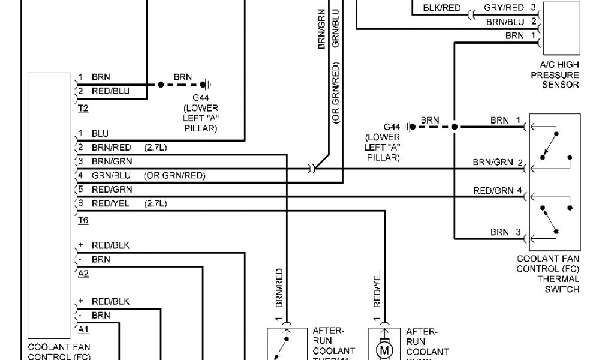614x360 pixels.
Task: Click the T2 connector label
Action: click(83, 109)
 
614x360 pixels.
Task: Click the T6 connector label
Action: click(83, 220)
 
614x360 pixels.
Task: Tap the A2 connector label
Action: click(83, 273)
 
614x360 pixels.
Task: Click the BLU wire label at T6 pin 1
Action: click(100, 133)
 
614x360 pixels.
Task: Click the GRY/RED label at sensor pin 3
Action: click(504, 8)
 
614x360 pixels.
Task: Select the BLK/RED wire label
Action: click(442, 8)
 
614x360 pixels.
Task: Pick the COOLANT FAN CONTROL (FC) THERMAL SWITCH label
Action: click(548, 274)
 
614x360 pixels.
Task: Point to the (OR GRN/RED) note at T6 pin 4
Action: click(174, 176)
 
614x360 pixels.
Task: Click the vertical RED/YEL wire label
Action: click(377, 286)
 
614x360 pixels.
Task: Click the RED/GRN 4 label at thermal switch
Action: click(498, 191)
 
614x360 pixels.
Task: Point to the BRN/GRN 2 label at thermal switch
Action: click(498, 162)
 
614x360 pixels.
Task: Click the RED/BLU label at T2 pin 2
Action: click(110, 92)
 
